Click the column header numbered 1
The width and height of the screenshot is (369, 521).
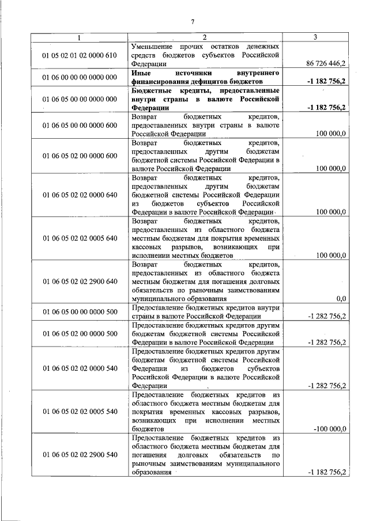[x=80, y=37]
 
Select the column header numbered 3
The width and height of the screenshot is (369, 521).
[x=315, y=37]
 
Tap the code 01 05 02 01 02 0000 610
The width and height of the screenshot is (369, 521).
[x=80, y=55]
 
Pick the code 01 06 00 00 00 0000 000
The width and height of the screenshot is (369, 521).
[x=80, y=78]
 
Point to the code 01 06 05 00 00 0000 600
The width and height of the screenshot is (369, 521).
[x=80, y=124]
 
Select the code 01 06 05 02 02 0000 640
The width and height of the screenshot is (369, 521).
[x=80, y=195]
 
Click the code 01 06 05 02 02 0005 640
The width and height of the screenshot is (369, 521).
[x=80, y=238]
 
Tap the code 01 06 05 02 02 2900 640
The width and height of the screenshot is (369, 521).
[x=80, y=281]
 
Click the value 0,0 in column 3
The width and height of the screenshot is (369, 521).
[x=340, y=299]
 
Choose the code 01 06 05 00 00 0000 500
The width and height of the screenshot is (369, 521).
[x=80, y=312]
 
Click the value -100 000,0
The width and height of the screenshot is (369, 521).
[x=328, y=429]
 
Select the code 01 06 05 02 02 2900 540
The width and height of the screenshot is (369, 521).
[x=80, y=455]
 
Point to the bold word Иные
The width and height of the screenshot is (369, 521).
[x=141, y=74]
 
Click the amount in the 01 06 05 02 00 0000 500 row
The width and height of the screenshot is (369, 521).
[x=327, y=343]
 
